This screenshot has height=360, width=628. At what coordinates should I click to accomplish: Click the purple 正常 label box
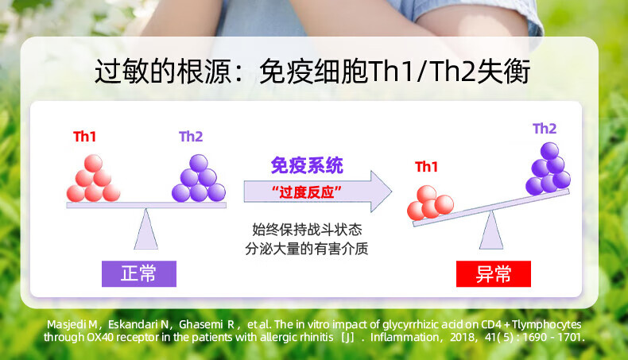tap(139, 274)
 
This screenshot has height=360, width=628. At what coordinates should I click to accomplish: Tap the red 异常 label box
tap(494, 274)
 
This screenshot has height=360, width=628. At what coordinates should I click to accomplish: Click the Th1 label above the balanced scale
tap(84, 137)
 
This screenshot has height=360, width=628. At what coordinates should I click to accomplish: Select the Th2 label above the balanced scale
tap(191, 137)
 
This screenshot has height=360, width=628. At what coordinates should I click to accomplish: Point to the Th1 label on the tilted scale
tap(426, 167)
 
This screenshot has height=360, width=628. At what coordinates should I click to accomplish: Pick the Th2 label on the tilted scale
tap(545, 129)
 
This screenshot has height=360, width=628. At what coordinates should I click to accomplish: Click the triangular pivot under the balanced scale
tap(145, 229)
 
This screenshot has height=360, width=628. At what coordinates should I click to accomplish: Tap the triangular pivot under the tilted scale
tap(491, 230)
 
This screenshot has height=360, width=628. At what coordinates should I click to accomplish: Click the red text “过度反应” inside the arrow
tap(306, 192)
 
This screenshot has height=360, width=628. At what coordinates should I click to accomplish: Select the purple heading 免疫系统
tap(307, 165)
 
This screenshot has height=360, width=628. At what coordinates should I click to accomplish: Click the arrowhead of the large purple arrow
tap(381, 192)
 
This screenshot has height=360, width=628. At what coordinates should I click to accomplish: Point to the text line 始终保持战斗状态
tap(307, 230)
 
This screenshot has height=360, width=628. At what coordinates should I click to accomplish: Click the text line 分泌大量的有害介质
tap(307, 249)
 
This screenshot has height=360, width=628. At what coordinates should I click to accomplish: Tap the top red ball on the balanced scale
tap(93, 164)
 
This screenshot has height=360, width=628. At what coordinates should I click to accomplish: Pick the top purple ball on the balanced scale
tap(199, 164)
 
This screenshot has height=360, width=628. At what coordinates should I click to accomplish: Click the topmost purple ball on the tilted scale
tap(549, 151)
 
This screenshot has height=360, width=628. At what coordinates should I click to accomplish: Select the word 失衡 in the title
tap(503, 72)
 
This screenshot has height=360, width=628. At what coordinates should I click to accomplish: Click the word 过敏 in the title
tap(122, 72)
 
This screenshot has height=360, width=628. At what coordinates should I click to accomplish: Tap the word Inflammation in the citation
tap(405, 337)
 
